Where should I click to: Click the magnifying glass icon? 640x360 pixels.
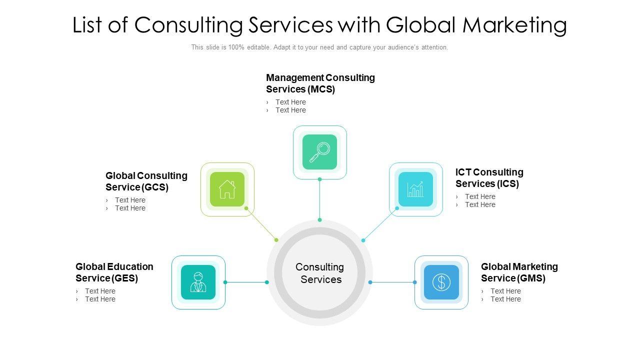click(319, 152)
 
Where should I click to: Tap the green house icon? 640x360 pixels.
click(227, 189)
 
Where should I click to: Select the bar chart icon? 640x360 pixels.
click(415, 189)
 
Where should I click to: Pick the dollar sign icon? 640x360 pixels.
click(441, 282)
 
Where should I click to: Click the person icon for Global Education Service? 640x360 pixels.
click(198, 282)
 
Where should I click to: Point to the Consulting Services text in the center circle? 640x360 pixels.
click(320, 273)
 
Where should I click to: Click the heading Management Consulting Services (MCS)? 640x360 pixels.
click(320, 83)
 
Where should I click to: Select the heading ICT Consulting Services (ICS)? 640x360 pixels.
click(489, 178)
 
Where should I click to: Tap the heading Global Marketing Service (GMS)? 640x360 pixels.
click(519, 272)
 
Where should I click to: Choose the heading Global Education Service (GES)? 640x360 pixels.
click(114, 272)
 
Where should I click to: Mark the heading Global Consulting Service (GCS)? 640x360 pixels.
click(146, 181)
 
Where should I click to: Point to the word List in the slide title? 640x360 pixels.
click(88, 25)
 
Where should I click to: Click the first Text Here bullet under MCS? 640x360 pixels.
click(290, 102)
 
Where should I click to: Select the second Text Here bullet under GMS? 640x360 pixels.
click(505, 299)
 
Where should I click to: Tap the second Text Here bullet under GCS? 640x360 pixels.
click(130, 208)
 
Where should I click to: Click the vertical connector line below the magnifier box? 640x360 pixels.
click(319, 200)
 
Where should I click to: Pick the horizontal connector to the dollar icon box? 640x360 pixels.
click(392, 282)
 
